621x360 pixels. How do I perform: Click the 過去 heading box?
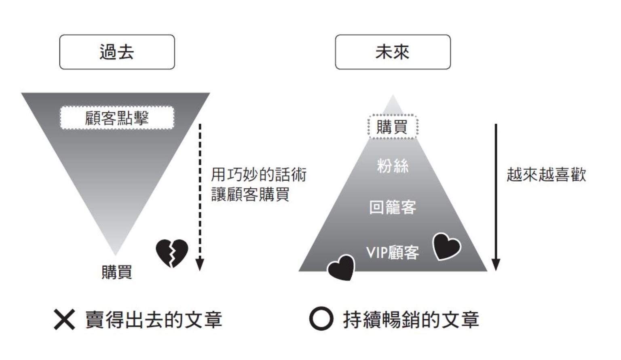117,52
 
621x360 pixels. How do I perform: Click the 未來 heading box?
392,52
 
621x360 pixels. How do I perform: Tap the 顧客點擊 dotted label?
117,118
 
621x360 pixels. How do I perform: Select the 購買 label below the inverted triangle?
116,272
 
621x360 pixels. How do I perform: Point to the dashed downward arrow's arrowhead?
199,265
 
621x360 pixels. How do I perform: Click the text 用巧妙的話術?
258,175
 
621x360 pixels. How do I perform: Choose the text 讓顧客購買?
250,194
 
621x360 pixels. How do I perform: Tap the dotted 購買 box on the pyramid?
392,127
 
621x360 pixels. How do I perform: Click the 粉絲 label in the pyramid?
392,166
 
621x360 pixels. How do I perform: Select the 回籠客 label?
392,207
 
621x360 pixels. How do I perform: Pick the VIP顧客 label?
392,253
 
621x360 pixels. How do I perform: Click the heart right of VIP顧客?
446,246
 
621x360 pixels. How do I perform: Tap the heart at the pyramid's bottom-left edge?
341,267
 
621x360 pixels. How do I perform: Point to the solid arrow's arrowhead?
496,265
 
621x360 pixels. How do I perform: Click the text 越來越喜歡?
546,175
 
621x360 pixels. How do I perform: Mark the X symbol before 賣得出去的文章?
64,320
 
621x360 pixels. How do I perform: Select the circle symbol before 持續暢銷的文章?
321,319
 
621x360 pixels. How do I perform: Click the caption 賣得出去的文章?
154,320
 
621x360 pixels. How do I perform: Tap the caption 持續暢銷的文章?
411,320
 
